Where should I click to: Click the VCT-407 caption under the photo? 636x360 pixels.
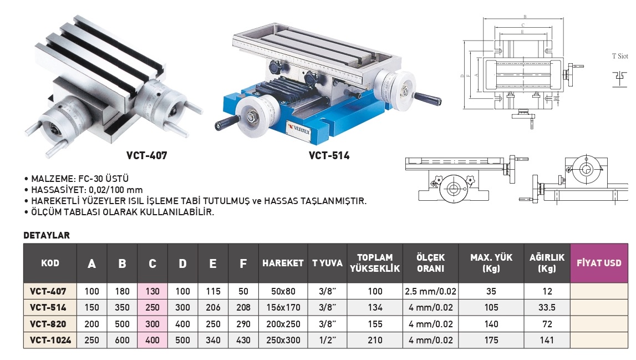(146, 155)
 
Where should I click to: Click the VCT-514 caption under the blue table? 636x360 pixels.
(329, 155)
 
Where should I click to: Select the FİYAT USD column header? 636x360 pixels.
(599, 263)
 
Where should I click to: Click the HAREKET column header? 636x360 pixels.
(283, 263)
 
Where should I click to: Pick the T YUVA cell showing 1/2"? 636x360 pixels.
(327, 340)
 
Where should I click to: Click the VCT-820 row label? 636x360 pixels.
(48, 324)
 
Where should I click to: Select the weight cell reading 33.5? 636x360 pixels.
(547, 308)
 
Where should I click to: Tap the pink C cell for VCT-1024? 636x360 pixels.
(152, 340)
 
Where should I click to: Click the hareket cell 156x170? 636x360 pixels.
(283, 308)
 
